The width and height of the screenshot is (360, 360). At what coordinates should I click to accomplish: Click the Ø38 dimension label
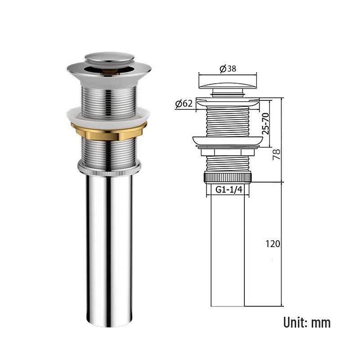[228, 69]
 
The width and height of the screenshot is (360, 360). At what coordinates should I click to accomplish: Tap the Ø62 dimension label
[184, 104]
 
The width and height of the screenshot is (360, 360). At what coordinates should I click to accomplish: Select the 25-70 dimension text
[265, 124]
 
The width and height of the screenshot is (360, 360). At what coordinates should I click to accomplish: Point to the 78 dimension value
[276, 154]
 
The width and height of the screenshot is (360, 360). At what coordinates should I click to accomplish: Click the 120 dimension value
[273, 244]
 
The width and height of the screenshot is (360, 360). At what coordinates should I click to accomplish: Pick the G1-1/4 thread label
[229, 189]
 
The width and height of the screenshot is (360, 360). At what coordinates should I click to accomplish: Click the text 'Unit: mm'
[307, 323]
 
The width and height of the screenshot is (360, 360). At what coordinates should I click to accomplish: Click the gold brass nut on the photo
[108, 131]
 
